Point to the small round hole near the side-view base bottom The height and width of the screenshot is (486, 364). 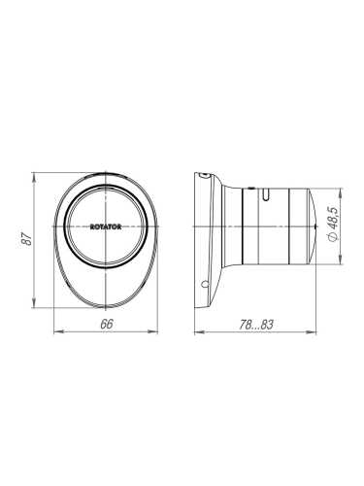(x=203, y=285)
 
